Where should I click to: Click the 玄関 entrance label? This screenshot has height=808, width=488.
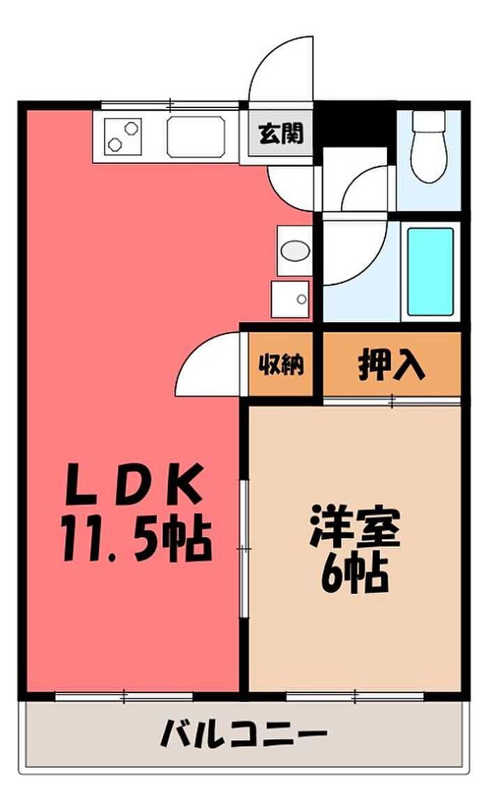coord(282,133)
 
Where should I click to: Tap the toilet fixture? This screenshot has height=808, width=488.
coord(427,146)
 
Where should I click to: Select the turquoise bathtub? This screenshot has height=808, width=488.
coord(430,270)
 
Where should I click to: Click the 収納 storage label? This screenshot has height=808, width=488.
coord(282,365)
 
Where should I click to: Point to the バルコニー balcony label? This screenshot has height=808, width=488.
coord(243,733)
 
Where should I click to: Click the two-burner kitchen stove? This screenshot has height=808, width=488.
coord(123,135)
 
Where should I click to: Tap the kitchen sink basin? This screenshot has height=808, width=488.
coord(196,136)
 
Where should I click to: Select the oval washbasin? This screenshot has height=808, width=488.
coord(294,250)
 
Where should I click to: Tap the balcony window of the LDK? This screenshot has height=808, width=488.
coord(123,696)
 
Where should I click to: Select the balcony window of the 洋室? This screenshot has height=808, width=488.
coord(355,696)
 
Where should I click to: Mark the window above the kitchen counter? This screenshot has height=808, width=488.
coord(170,106)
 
